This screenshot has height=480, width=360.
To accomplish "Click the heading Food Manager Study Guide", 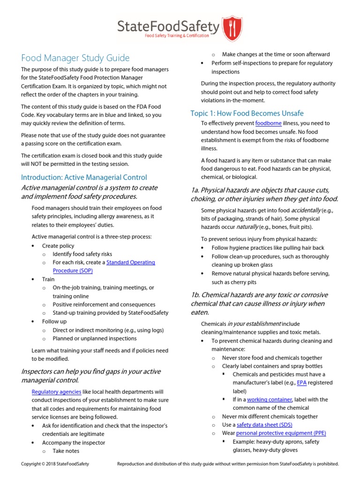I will click(x=75, y=58).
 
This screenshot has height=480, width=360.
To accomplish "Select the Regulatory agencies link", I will click(x=56, y=391).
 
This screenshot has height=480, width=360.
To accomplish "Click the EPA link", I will click(x=302, y=382).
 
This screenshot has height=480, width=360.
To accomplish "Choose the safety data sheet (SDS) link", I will click(x=264, y=425).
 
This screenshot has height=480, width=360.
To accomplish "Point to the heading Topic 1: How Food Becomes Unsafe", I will click(x=247, y=113).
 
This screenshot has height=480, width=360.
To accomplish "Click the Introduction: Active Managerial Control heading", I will click(x=84, y=177).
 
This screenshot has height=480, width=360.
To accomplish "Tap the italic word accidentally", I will click(x=307, y=210).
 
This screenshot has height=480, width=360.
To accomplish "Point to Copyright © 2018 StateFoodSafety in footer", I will click(x=55, y=464).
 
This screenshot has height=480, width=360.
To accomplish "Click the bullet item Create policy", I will click(x=58, y=246).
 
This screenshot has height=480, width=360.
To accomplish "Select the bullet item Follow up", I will click(x=54, y=322).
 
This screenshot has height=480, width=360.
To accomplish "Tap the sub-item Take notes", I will click(x=66, y=451).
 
